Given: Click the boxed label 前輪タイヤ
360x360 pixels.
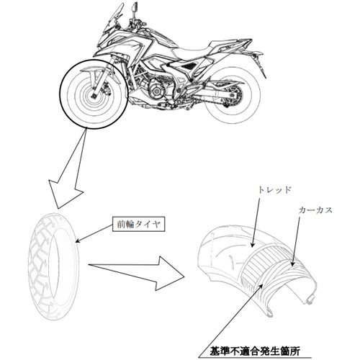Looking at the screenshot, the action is tap(139, 224).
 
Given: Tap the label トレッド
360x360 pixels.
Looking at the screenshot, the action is tap(274, 190).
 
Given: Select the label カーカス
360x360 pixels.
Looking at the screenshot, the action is tap(315, 210).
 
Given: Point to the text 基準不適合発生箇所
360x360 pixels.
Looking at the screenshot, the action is tap(255, 351).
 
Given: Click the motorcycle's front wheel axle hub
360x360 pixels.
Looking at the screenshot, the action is tap(94, 96).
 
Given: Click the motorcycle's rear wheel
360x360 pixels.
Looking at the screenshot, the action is tap(233, 96).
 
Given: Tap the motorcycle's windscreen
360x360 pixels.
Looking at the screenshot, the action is tap(112, 19).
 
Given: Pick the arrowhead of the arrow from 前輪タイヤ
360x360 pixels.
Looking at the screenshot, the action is tap(78, 240).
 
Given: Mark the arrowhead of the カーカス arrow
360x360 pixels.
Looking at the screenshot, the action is tap(292, 264).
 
